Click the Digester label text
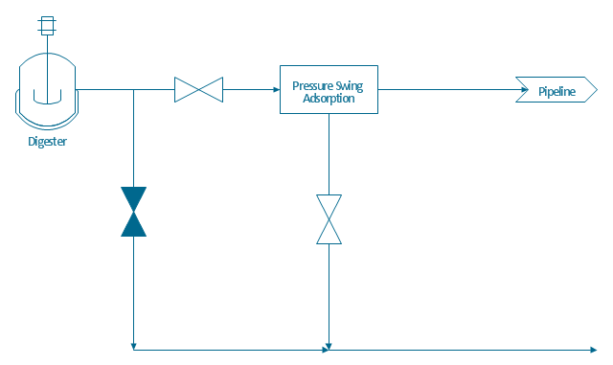point(47,141)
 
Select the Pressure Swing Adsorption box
point(329,90)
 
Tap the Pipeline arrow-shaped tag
point(556,90)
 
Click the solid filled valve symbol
point(134,212)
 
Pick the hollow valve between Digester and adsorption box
point(198,90)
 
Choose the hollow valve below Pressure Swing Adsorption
point(329,219)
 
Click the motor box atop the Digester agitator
point(47,26)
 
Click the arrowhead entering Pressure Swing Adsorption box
point(277,90)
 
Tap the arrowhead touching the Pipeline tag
point(525,90)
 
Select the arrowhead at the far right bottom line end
point(594,350)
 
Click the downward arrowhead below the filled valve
point(134,347)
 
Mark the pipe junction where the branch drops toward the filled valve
point(134,90)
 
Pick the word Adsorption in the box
point(329,98)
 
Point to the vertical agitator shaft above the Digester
point(47,44)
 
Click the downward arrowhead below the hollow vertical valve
point(329,347)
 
